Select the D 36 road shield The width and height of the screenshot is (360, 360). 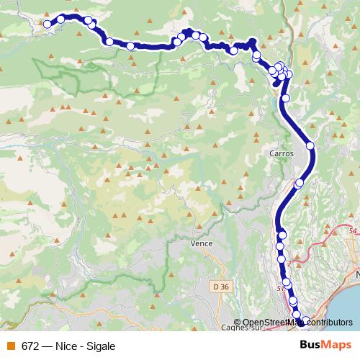[x=221, y=287]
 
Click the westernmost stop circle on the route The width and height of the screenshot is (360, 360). [x=48, y=24]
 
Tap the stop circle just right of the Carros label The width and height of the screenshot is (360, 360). [x=310, y=145]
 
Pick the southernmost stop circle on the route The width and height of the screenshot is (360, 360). [x=305, y=320]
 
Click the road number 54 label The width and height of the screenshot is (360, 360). [x=352, y=230]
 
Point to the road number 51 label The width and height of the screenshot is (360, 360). [x=279, y=288]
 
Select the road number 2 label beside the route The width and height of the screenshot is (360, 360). [x=288, y=264]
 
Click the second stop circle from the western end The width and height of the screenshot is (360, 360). [x=61, y=19]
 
